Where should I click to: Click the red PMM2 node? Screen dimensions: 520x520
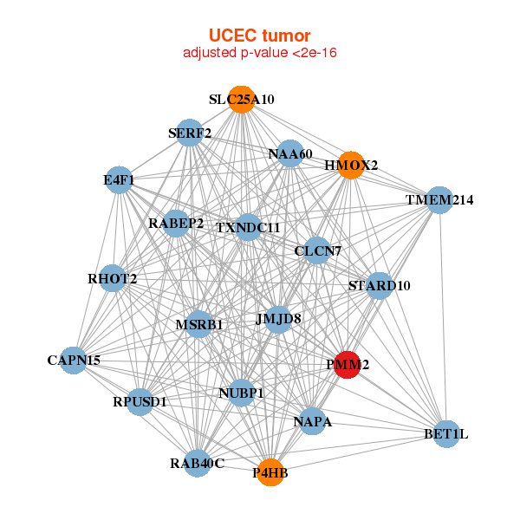coord(348,365)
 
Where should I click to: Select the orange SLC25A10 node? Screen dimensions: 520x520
coord(242,100)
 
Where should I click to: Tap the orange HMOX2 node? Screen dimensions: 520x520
coord(350,165)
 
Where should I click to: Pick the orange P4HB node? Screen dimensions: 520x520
coord(270,472)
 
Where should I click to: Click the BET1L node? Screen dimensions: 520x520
coord(445,433)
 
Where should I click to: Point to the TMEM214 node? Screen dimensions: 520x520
coord(439,200)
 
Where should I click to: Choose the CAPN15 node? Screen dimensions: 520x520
coord(74,360)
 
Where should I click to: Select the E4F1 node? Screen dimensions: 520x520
coord(118,181)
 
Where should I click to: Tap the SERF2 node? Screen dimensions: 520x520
coord(189,133)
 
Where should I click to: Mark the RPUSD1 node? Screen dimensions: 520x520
coord(140,401)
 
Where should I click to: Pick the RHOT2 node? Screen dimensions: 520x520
coord(113,278)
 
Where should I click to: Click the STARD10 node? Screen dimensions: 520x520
coord(379,285)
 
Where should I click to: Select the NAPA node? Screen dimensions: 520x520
coord(312,422)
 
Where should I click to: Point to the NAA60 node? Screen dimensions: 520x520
coord(289,154)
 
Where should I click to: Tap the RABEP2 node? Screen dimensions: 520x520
coord(176,224)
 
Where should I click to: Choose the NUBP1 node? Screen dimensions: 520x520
coord(241,393)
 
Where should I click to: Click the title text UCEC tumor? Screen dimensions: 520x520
coord(260,36)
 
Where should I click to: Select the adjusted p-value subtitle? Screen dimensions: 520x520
coord(260,53)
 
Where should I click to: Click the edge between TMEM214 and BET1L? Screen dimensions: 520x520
coord(443,316)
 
